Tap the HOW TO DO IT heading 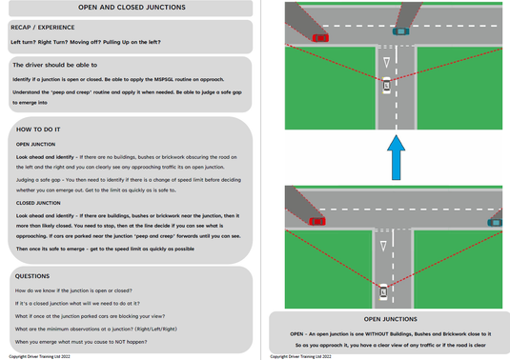point(38,128)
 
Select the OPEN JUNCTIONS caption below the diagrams point(390,320)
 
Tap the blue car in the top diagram point(398,30)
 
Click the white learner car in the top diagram point(385,87)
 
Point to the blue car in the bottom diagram point(495,222)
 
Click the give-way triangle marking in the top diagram point(385,62)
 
